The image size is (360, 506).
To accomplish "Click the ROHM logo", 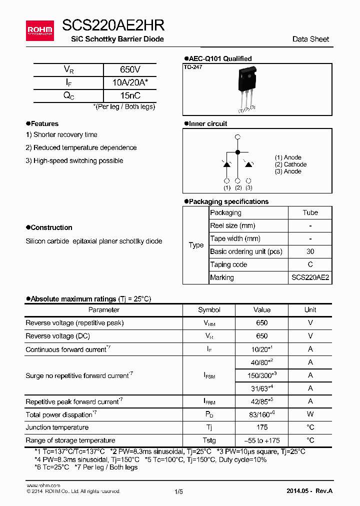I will click(x=39, y=31).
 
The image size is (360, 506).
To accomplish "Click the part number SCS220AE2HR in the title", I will click(x=113, y=26).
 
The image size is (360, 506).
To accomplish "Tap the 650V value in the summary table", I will click(x=130, y=70).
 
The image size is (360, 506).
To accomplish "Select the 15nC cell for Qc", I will click(x=130, y=95).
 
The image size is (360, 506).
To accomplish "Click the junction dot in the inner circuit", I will click(x=237, y=151).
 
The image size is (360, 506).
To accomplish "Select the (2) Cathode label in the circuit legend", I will click(x=290, y=164).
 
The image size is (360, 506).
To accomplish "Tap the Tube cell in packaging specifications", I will click(x=310, y=212).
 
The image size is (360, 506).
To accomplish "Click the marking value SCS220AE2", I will click(x=310, y=277).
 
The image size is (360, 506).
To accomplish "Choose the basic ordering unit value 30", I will click(x=310, y=251).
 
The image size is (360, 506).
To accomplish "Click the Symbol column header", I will click(x=209, y=310).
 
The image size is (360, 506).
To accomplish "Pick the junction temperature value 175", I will click(x=261, y=427).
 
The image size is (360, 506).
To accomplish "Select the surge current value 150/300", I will click(x=261, y=375).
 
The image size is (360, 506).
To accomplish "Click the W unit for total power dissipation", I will click(x=310, y=414).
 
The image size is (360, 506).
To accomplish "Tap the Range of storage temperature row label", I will click(x=70, y=440).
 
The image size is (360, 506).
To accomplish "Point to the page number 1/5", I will click(x=178, y=491).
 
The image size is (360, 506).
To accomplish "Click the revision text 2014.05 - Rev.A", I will click(x=309, y=491).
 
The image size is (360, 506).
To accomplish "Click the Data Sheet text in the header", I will click(x=310, y=39).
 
